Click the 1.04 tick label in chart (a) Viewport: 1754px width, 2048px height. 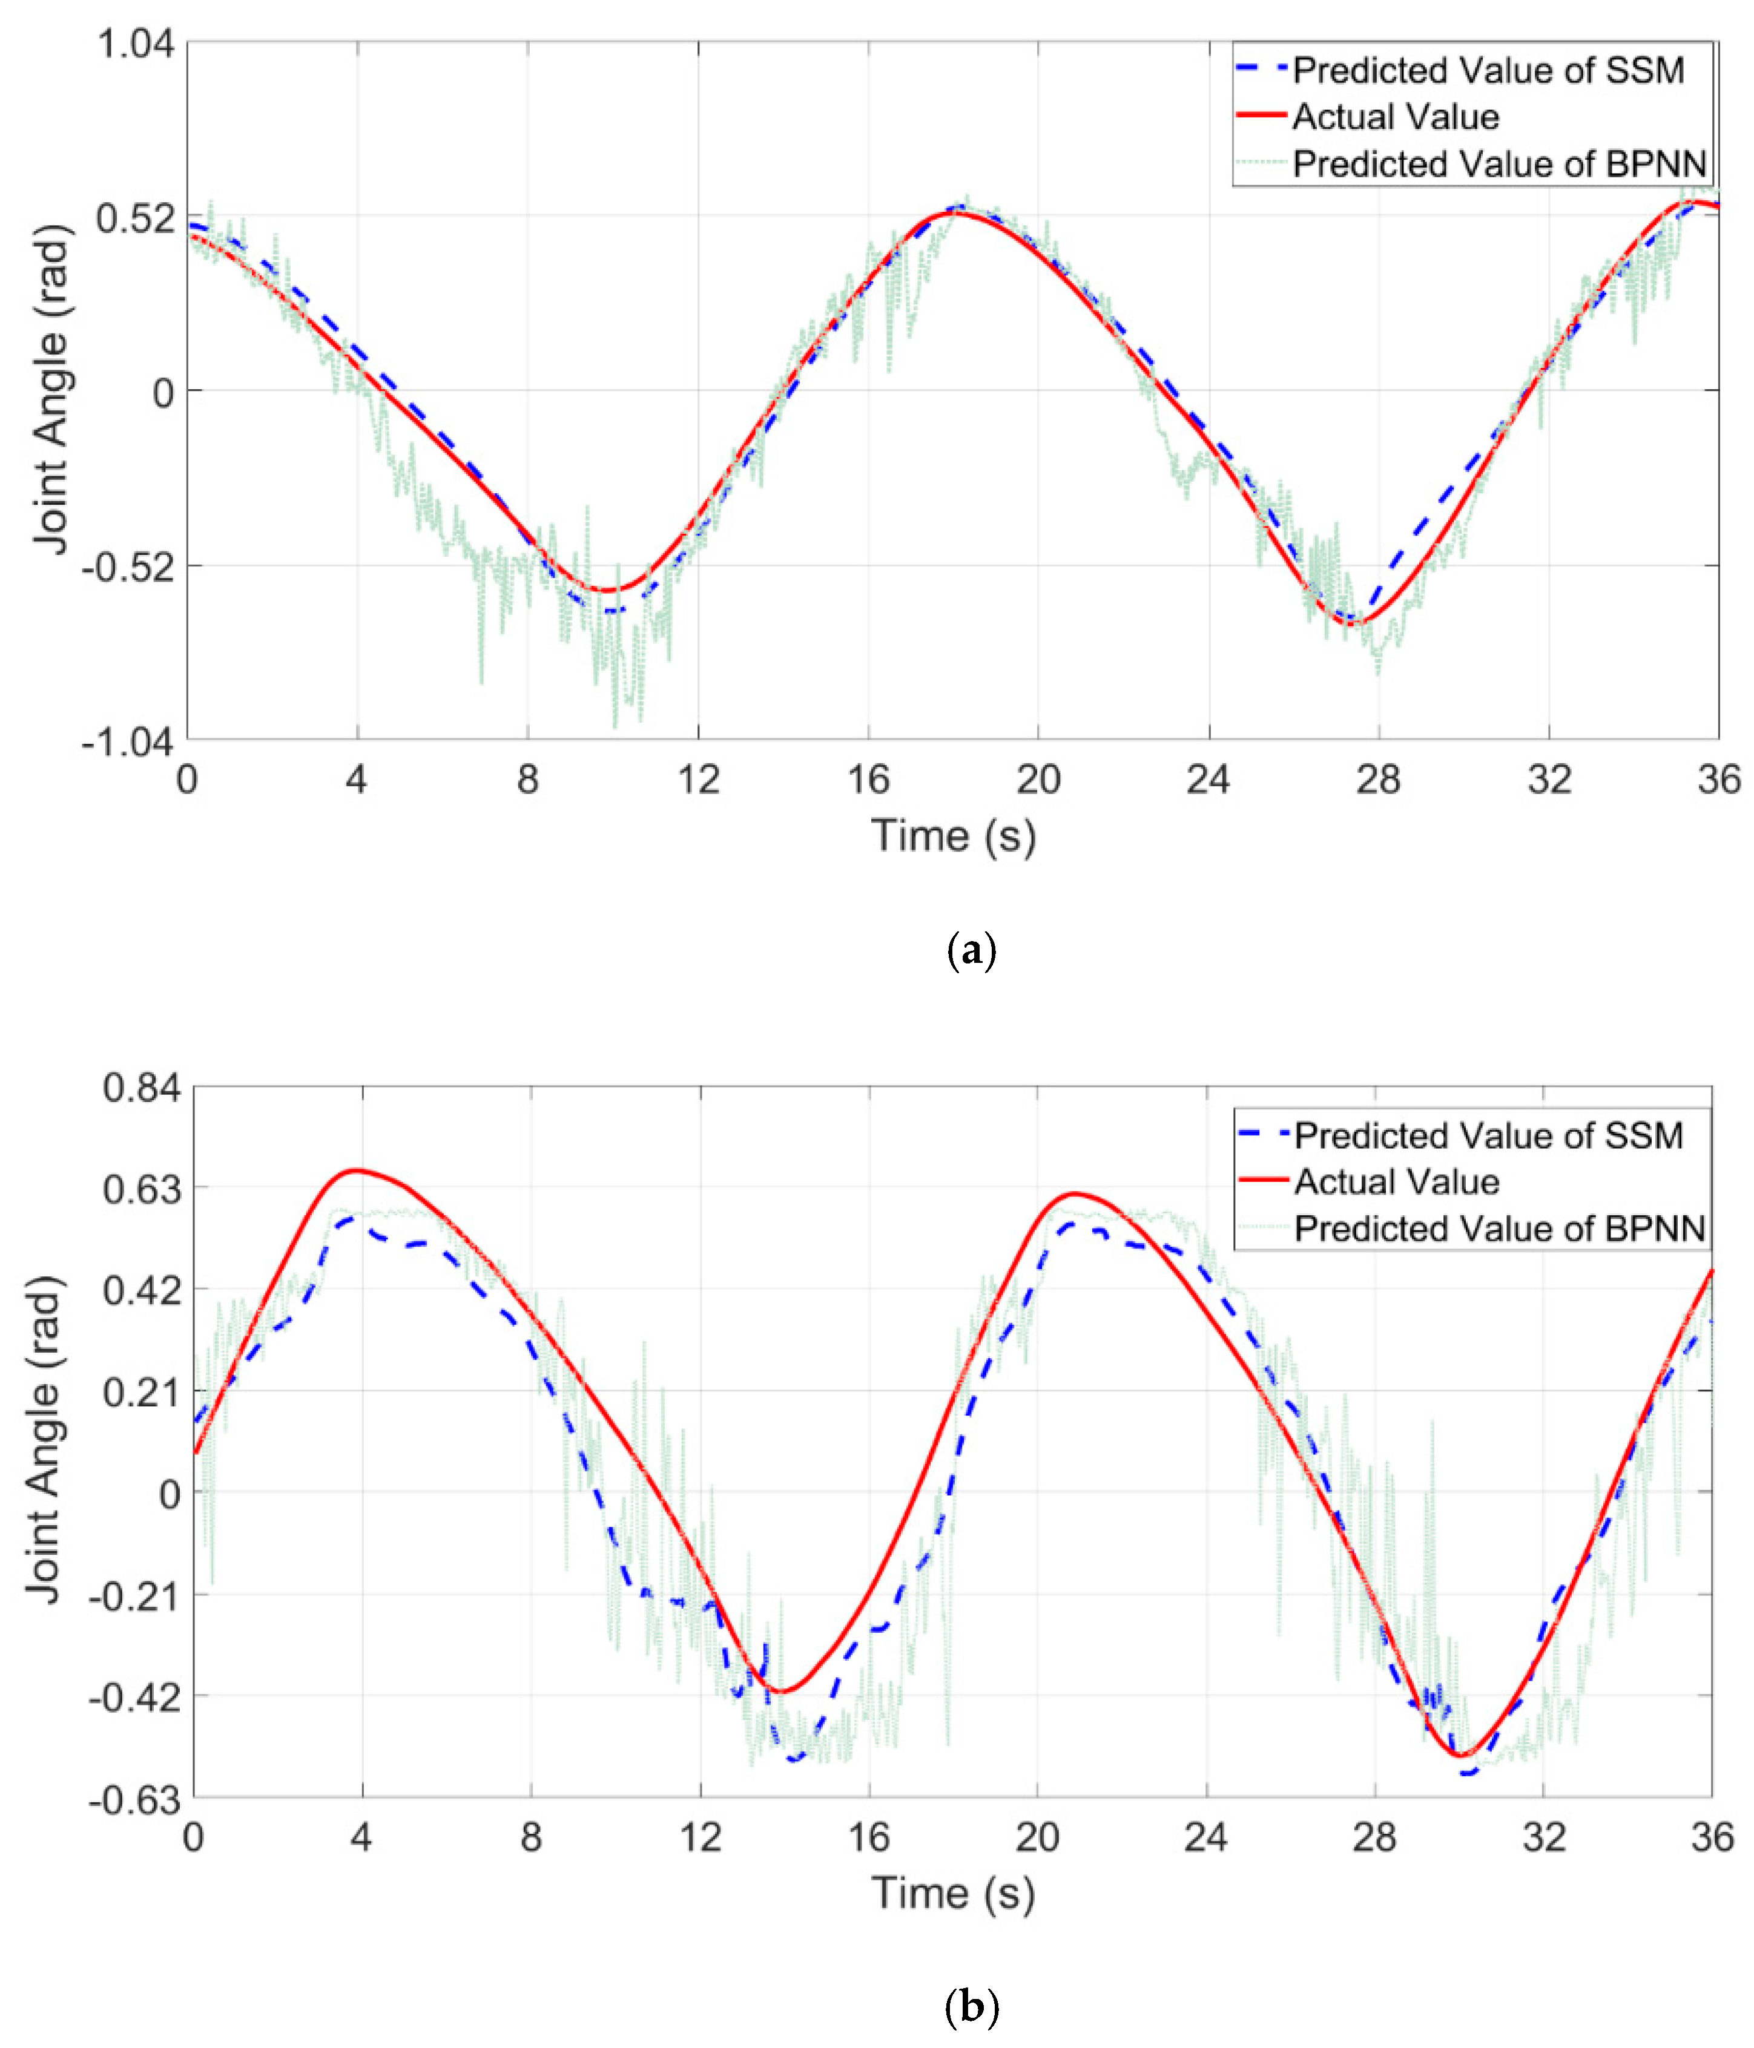[136, 44]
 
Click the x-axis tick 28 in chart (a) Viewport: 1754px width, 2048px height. [1378, 780]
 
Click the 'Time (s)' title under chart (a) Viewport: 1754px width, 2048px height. [953, 835]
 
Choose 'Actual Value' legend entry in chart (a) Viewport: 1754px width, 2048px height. [1395, 117]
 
